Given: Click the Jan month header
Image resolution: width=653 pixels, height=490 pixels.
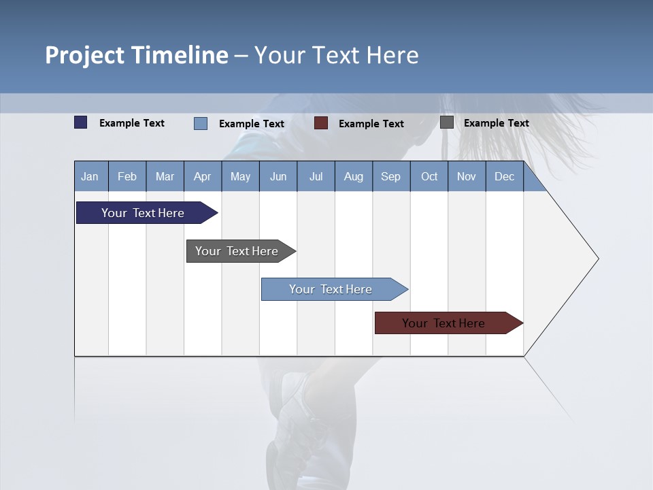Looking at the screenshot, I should [90, 176].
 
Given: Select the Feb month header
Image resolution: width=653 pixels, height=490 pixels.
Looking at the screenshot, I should [127, 176].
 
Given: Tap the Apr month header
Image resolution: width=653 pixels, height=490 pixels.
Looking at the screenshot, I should [203, 176].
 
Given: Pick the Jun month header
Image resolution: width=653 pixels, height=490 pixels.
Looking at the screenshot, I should [278, 176].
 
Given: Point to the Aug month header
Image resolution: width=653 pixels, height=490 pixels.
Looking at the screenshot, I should [354, 176].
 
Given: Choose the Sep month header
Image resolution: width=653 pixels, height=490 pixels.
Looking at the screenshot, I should [391, 176].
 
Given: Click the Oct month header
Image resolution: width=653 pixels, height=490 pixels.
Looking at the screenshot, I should [429, 176].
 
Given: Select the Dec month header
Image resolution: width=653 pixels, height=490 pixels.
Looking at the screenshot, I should [505, 176].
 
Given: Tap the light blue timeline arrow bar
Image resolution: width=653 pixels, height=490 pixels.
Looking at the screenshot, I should [331, 289].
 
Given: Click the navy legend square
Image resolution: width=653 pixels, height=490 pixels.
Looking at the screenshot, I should [81, 122].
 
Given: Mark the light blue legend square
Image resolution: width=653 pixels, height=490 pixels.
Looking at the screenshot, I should [201, 123].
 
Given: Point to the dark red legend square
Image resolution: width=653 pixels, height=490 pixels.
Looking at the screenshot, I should [321, 122].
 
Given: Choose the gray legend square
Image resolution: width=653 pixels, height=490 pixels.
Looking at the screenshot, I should [447, 122].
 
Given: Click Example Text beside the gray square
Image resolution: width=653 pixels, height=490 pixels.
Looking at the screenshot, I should [496, 123].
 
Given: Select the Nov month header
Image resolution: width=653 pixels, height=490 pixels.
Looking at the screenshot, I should [467, 176].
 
